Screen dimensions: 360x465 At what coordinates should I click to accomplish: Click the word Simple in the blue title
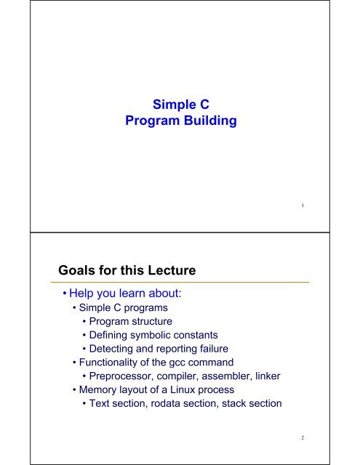click(x=175, y=105)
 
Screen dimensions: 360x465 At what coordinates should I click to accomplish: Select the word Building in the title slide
click(x=210, y=121)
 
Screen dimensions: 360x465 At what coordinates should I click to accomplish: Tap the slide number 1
click(x=303, y=205)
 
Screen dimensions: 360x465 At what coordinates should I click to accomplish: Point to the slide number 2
click(x=303, y=437)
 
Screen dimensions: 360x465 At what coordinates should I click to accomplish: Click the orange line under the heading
click(x=180, y=283)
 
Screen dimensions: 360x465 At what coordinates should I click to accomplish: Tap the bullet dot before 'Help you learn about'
click(x=65, y=294)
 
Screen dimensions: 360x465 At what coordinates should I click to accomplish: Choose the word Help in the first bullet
click(x=81, y=294)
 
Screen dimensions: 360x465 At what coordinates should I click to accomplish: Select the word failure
click(x=214, y=349)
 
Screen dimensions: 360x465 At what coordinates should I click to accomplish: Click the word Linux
click(x=183, y=389)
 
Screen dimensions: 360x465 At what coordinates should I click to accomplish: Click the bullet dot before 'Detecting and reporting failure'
click(x=84, y=349)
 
